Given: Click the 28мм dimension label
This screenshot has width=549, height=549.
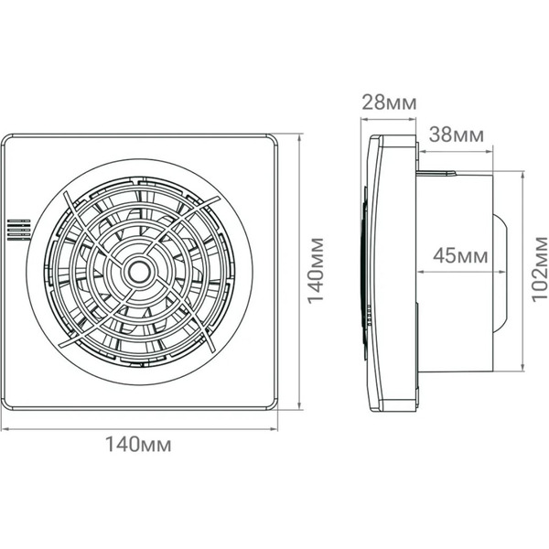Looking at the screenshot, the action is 389,102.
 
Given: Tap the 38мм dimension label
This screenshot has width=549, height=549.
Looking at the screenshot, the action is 457,135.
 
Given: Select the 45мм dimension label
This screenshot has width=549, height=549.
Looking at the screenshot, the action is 460,255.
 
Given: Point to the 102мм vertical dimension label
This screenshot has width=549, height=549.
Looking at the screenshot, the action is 539,268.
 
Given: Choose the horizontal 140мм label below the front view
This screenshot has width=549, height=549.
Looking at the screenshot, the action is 139,445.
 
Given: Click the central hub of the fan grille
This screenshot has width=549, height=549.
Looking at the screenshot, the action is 139,272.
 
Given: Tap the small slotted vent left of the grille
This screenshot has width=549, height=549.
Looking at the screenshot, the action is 19,230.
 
